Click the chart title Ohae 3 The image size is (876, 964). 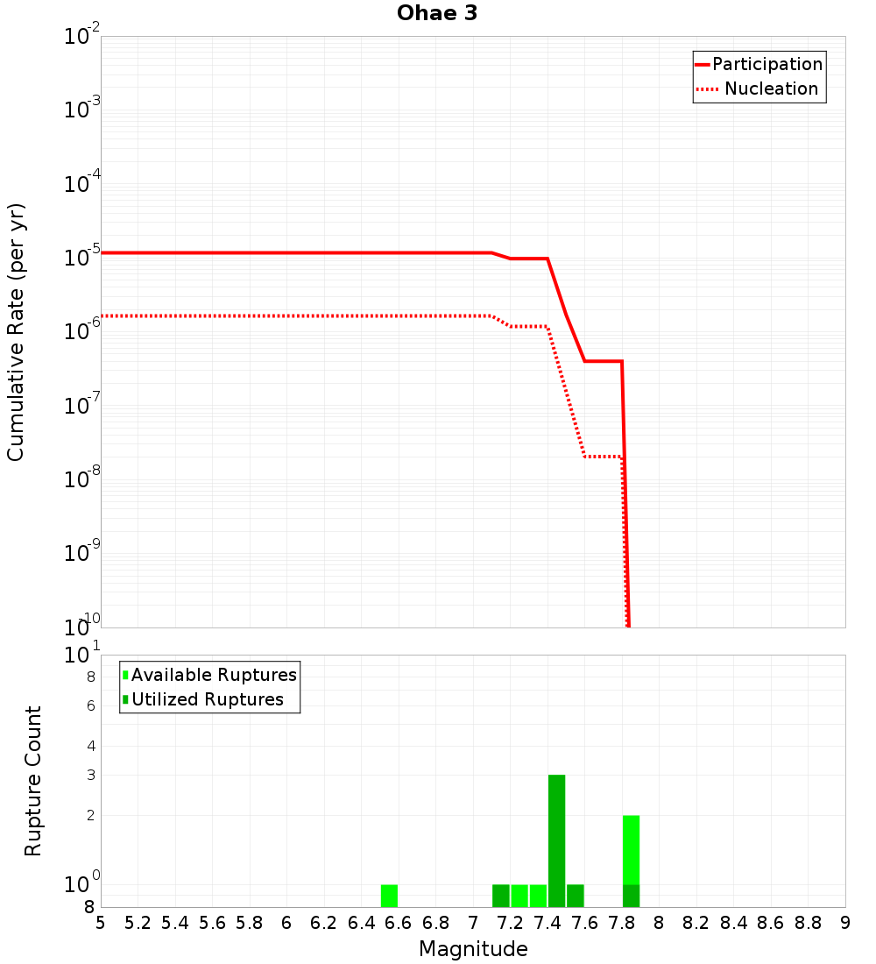[x=437, y=13]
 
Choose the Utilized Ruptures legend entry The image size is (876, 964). [x=207, y=699]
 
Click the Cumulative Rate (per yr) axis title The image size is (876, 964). [x=16, y=332]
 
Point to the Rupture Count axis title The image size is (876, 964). [x=33, y=781]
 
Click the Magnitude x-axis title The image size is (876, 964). [x=473, y=949]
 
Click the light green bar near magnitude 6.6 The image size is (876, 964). [x=389, y=896]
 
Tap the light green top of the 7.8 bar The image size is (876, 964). [x=631, y=849]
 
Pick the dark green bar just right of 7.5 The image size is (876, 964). [x=575, y=896]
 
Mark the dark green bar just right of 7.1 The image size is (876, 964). [x=500, y=896]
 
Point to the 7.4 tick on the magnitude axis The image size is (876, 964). [x=547, y=923]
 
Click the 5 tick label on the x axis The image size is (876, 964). [x=101, y=923]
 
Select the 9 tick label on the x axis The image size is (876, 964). [x=844, y=923]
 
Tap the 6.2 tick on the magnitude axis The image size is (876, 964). [x=324, y=923]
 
